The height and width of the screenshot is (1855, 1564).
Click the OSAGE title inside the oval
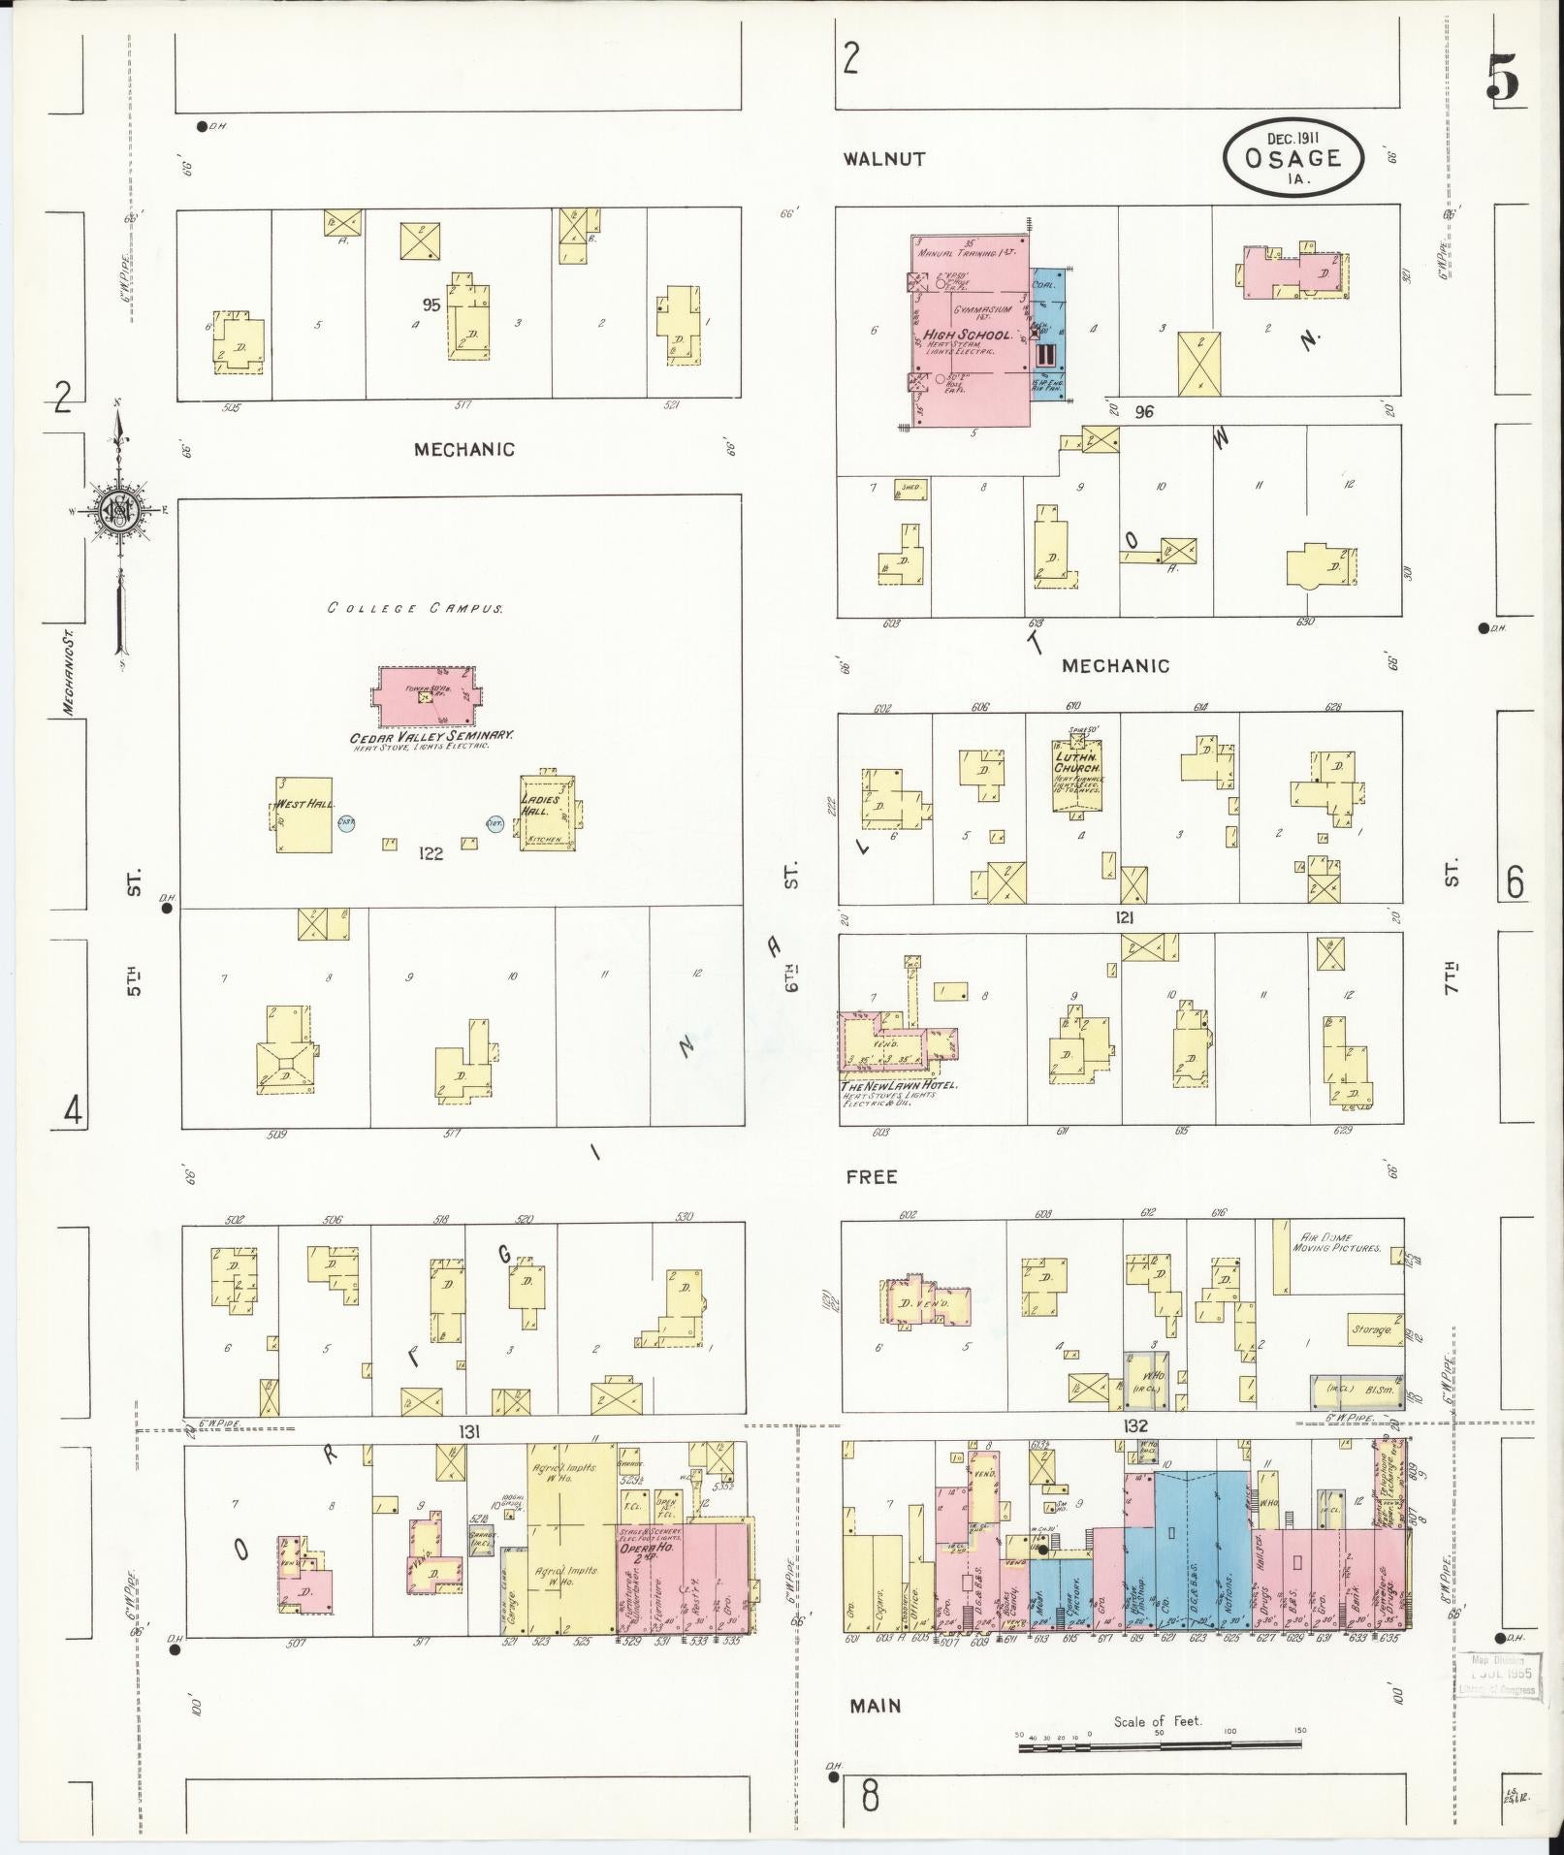pyautogui.click(x=1293, y=159)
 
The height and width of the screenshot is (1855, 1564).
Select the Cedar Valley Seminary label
pyautogui.click(x=431, y=736)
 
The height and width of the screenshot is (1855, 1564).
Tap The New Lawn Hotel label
pyautogui.click(x=898, y=1085)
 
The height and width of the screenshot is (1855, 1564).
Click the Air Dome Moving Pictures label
pyautogui.click(x=1341, y=1242)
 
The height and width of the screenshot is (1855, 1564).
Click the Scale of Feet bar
pyautogui.click(x=1159, y=1746)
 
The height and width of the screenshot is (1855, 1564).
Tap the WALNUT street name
pyautogui.click(x=883, y=158)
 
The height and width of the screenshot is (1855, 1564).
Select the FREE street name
pyautogui.click(x=871, y=1177)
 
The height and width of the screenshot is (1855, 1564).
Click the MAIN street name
pyautogui.click(x=875, y=1705)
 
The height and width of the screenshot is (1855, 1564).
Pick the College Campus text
pyautogui.click(x=414, y=609)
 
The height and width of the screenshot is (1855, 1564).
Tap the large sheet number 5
pyautogui.click(x=1501, y=78)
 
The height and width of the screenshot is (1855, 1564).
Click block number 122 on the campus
pyautogui.click(x=431, y=853)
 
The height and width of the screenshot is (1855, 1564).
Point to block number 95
pyautogui.click(x=431, y=304)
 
